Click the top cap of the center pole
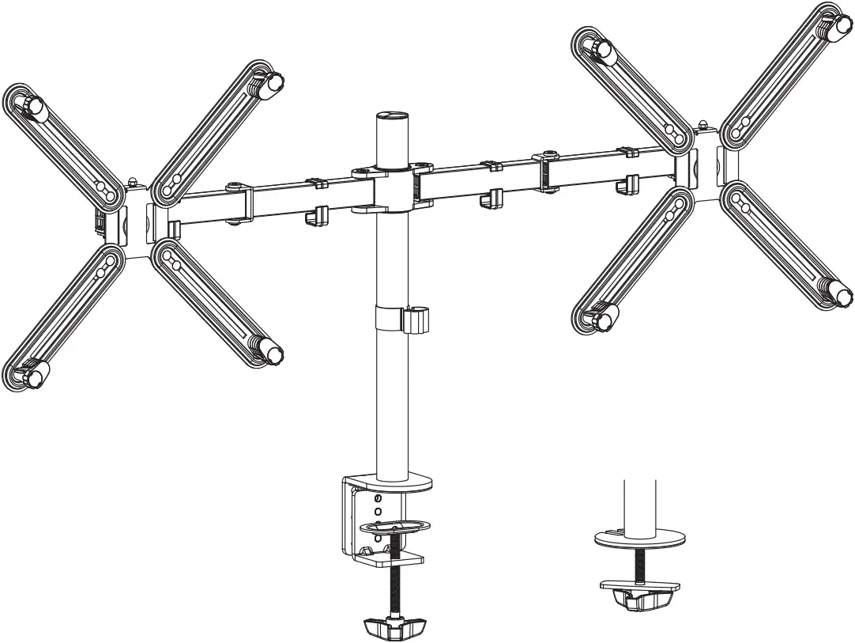(x=394, y=115)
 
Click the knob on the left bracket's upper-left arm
(x=32, y=106)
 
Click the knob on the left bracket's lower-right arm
(x=272, y=353)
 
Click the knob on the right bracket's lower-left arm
(x=602, y=320)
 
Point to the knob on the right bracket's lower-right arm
(x=841, y=296)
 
